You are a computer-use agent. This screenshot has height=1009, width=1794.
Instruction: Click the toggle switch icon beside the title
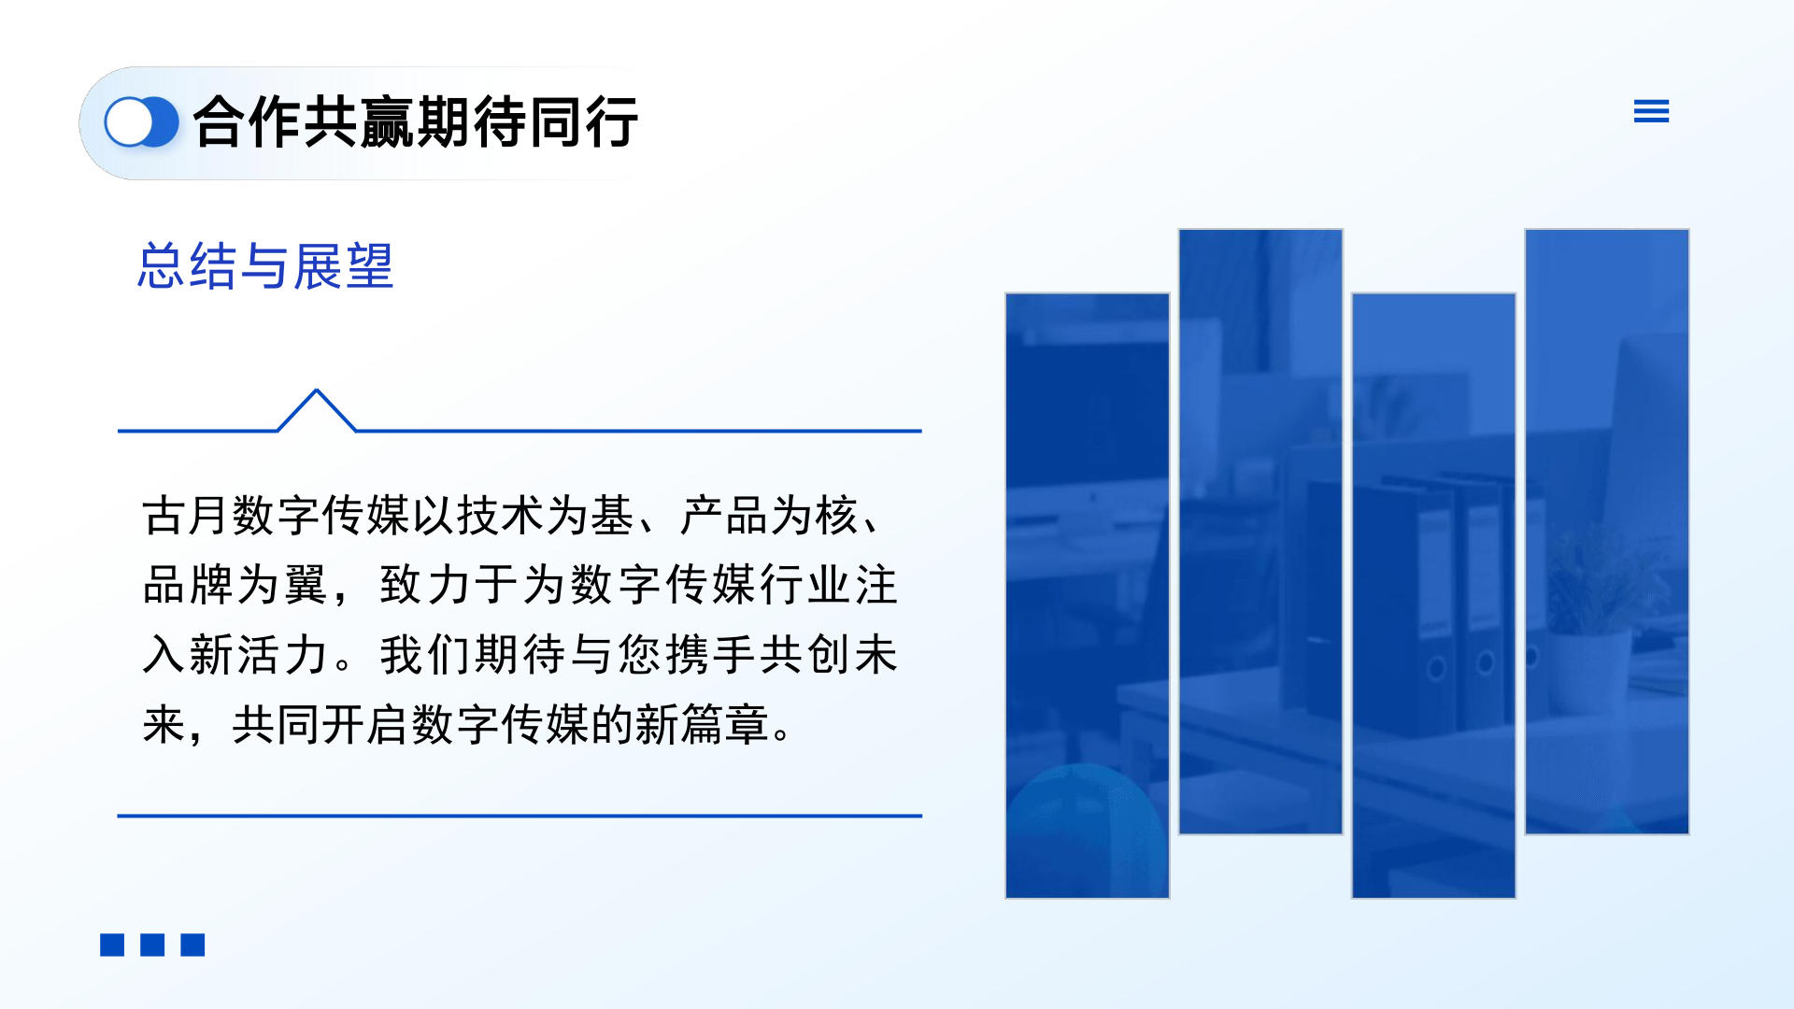[x=141, y=122]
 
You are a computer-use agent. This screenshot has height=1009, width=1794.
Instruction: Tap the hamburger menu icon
[x=1651, y=112]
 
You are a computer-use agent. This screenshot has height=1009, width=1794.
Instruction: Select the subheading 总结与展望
[x=265, y=266]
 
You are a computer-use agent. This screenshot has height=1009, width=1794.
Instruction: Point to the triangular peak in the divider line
[x=317, y=391]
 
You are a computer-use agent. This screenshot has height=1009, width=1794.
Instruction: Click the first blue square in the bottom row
[x=112, y=945]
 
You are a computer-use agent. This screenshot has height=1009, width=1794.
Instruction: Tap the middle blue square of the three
[x=152, y=945]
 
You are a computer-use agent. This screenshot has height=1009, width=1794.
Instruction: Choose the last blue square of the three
[x=192, y=945]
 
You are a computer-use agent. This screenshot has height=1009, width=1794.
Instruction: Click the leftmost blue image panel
[x=1088, y=596]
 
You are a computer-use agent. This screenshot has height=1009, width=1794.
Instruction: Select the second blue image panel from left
[x=1260, y=532]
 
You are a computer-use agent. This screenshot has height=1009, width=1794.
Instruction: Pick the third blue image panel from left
[x=1433, y=596]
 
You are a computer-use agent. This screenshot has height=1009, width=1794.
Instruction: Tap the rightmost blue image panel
[x=1607, y=532]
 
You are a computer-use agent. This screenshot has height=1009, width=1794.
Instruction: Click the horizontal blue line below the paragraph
[x=520, y=816]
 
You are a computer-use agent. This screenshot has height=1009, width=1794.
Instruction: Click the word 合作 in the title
[x=248, y=122]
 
